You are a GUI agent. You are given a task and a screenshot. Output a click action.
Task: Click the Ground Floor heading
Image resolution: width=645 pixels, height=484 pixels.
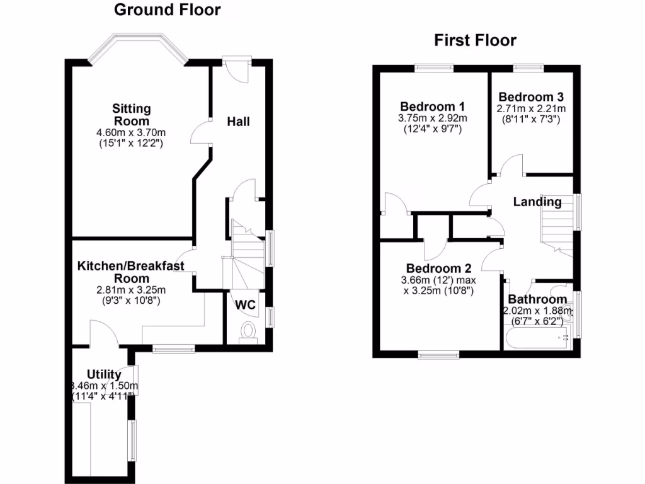point(167,10)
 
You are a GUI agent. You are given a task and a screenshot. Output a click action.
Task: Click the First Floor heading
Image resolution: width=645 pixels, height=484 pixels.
point(475,41)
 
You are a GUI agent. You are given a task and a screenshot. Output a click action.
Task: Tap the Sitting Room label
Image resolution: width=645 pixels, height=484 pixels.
point(132,115)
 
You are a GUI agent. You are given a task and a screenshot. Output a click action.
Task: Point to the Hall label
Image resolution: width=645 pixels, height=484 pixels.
point(238,121)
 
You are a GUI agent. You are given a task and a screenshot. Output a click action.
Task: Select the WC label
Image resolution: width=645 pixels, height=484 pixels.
point(246,305)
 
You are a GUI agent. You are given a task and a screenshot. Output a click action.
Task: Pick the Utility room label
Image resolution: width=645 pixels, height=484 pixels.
point(104,375)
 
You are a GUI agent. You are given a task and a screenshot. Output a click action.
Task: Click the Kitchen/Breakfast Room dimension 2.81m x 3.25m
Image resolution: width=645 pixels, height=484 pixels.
point(131,290)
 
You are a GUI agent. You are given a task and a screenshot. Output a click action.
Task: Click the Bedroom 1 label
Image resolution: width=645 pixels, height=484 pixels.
point(432,106)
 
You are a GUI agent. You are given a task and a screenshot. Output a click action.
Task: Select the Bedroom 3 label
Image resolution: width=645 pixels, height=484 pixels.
point(530,97)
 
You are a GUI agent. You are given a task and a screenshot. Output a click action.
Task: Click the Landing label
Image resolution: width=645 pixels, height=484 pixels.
point(537,202)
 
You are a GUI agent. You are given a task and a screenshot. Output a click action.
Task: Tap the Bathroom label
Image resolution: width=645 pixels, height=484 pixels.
point(537,299)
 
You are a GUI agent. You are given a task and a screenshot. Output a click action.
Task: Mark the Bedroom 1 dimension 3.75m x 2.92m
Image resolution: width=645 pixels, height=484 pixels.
point(432,118)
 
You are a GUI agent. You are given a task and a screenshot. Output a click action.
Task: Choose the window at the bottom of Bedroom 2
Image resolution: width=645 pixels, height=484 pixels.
point(438,355)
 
